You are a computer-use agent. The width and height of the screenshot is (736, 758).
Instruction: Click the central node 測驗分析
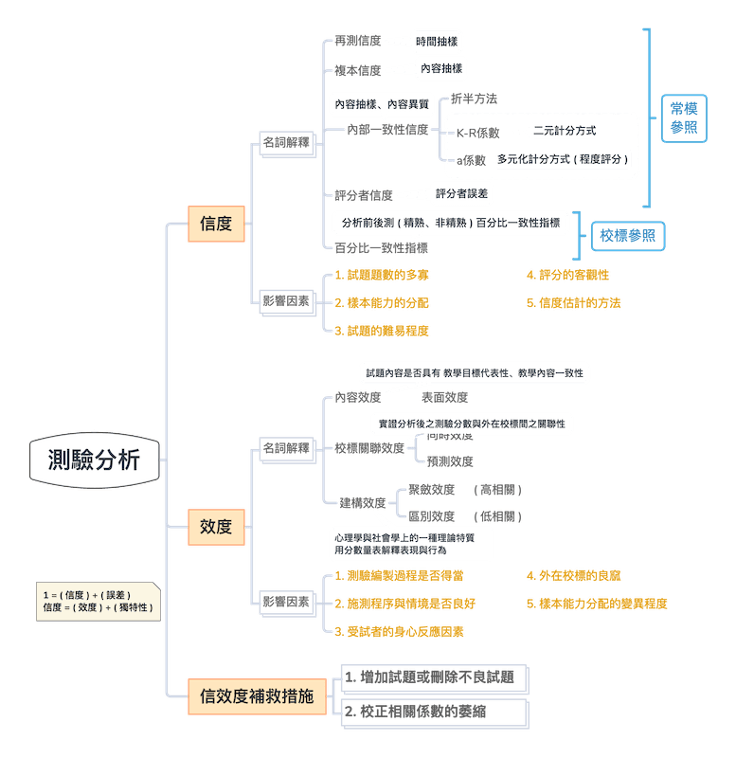point(95,461)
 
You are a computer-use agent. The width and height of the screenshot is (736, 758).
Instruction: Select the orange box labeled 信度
point(216,224)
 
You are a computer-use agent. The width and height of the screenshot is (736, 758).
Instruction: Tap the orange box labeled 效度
point(216,526)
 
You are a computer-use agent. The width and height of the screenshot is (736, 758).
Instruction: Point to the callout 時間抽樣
point(437,42)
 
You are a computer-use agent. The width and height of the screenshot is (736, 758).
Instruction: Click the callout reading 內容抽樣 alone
point(440,69)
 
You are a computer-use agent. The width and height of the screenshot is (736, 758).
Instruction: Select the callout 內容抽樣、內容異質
point(380,103)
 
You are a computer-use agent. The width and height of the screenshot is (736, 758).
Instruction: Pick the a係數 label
point(471,160)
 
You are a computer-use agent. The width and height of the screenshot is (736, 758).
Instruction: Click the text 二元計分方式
point(565,131)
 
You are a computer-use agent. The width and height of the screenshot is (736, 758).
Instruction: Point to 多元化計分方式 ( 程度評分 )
point(563,159)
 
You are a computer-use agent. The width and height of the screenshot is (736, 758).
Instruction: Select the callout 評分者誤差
point(462,193)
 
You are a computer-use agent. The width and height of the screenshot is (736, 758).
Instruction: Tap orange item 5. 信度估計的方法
point(574,303)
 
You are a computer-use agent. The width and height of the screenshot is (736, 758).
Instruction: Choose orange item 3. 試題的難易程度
point(382,331)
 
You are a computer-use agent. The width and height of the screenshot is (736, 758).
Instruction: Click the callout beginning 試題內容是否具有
point(474,373)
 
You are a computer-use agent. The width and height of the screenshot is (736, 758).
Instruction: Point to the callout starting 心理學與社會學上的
point(411,542)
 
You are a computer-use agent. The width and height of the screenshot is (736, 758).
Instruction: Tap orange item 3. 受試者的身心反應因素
point(399,631)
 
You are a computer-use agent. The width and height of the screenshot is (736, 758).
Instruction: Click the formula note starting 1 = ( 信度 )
point(97,602)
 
